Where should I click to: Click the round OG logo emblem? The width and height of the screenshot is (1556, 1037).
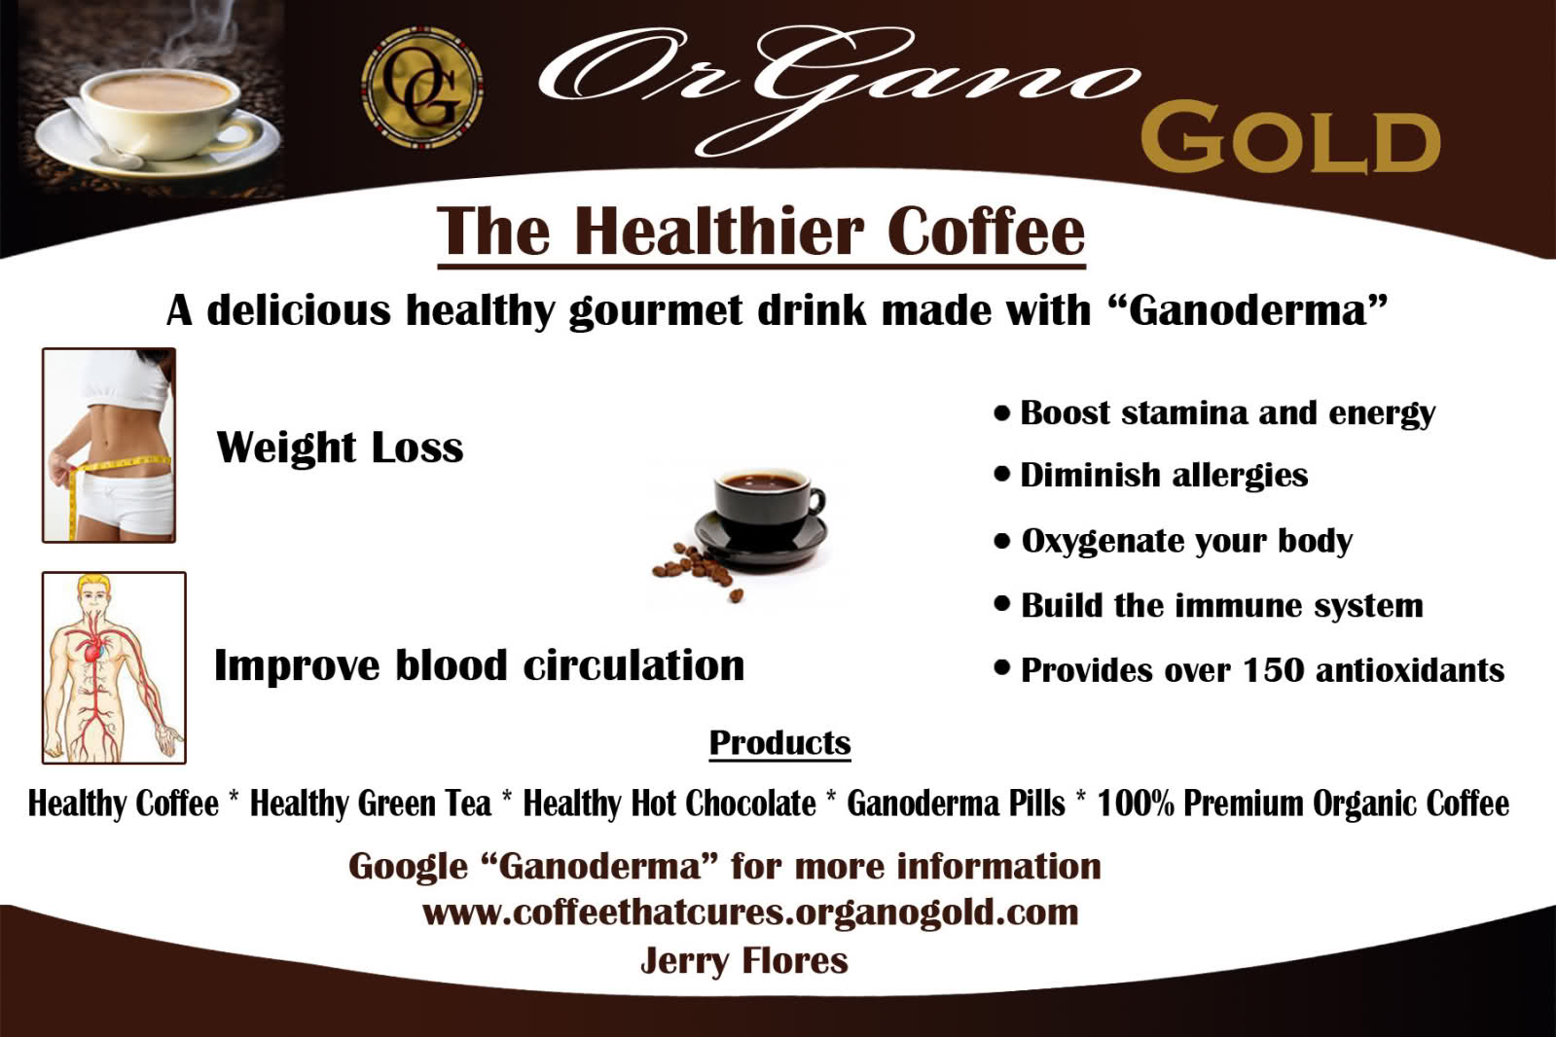click(421, 89)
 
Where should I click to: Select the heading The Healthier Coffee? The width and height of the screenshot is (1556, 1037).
click(760, 232)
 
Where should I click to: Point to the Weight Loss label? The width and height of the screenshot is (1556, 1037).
click(340, 447)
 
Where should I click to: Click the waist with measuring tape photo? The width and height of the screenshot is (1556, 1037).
click(110, 445)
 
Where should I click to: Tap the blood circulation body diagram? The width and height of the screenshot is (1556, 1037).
click(114, 667)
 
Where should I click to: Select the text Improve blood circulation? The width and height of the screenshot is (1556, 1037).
click(479, 666)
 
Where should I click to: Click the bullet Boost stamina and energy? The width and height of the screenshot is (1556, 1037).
click(1226, 413)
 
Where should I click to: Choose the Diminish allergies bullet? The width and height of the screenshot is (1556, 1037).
click(1163, 475)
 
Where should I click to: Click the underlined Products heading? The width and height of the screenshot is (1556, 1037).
click(779, 743)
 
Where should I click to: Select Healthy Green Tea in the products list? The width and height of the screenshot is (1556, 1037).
click(371, 804)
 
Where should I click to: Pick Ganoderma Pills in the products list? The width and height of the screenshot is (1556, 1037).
click(956, 804)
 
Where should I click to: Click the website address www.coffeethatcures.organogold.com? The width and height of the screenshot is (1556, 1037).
click(750, 912)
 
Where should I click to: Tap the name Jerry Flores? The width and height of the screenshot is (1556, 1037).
click(744, 960)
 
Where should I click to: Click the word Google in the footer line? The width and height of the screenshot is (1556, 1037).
click(408, 866)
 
